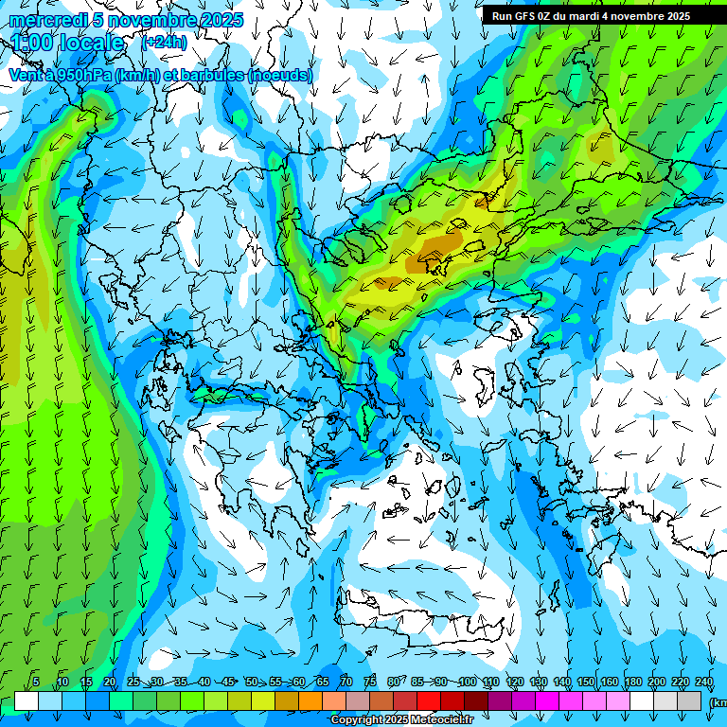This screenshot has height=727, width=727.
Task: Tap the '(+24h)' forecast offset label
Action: pyautogui.click(x=164, y=42)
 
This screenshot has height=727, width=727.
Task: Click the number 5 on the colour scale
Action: pyautogui.click(x=36, y=683)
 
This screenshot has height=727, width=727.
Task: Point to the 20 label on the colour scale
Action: pyautogui.click(x=110, y=683)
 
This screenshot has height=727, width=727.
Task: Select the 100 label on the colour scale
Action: pyautogui.click(x=467, y=683)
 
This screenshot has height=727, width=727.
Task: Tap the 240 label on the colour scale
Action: pyautogui.click(x=704, y=683)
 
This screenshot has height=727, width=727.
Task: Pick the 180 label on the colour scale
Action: pyautogui.click(x=632, y=683)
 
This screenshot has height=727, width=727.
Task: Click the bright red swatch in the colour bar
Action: pyautogui.click(x=429, y=701)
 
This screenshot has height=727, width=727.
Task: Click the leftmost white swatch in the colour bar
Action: pyautogui.click(x=27, y=701)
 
